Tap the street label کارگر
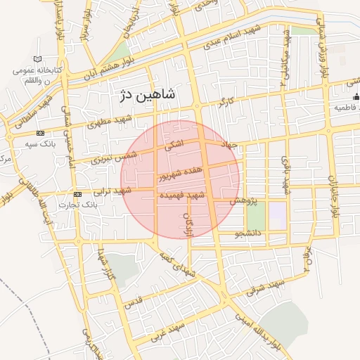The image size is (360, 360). pos(225,103)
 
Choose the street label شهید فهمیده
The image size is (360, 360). pos(182,195)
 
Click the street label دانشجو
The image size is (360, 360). pos(248,232)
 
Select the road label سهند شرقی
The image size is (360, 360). pos(266,286)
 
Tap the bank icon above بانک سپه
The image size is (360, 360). pos(40,133)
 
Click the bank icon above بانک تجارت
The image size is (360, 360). pos(77,194)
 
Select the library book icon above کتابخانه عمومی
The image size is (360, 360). pos(37,59)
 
